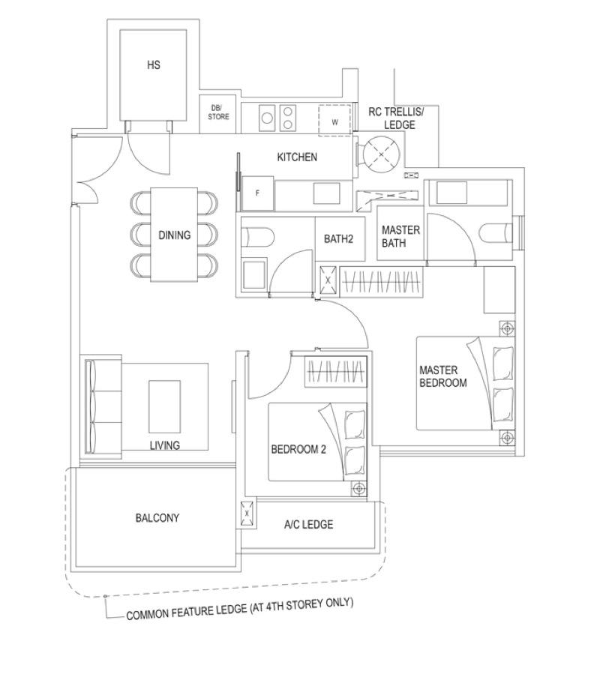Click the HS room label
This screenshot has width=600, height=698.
(x=154, y=65)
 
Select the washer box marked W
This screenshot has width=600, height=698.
(x=334, y=121)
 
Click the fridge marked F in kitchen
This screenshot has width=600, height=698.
(x=257, y=193)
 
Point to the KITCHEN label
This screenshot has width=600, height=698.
(x=297, y=157)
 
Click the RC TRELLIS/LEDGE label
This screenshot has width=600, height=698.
(x=397, y=118)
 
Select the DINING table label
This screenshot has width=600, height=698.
(x=175, y=235)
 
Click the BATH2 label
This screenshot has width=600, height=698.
(x=339, y=239)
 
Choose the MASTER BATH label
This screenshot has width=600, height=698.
(x=400, y=236)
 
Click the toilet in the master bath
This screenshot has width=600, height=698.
(x=496, y=232)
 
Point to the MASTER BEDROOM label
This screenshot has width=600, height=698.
(x=442, y=376)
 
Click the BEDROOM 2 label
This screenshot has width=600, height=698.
(x=298, y=450)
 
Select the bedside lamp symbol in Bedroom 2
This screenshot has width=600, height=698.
(x=359, y=489)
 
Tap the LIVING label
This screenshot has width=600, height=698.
(x=164, y=445)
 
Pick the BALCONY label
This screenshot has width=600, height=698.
(x=157, y=518)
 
